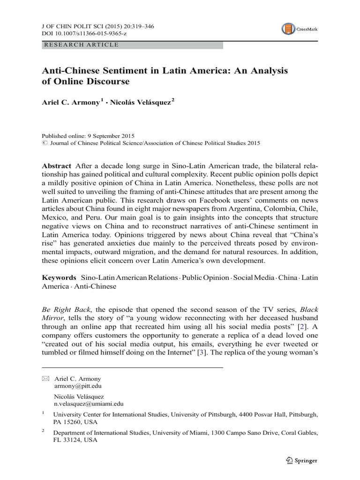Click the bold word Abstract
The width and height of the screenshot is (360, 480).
tap(56, 166)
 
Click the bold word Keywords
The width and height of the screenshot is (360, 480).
tap(59, 277)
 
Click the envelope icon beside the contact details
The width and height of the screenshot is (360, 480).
tap(45, 378)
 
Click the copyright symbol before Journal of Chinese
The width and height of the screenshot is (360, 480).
tap(45, 143)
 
